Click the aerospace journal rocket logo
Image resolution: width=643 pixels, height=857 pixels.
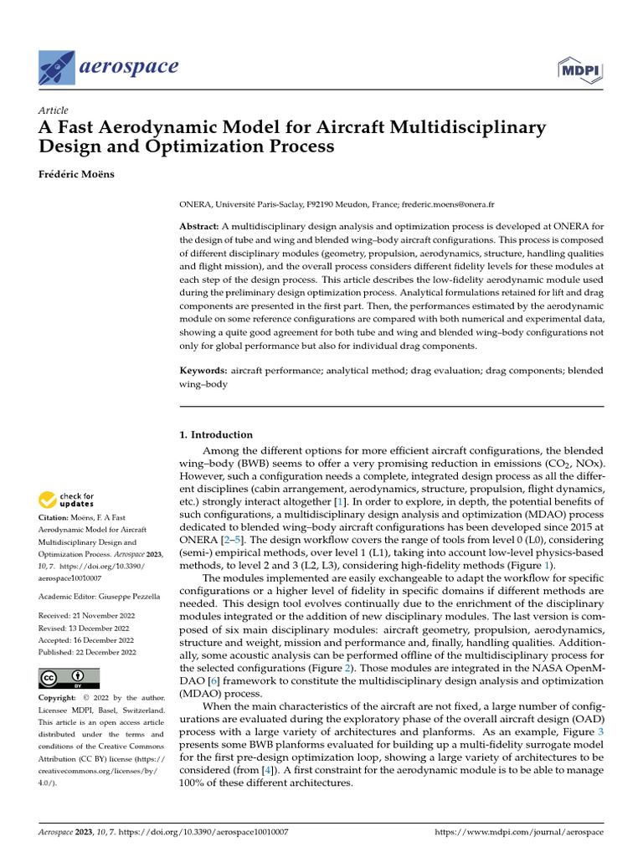[x=57, y=67]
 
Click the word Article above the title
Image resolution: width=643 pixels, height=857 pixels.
[x=54, y=110]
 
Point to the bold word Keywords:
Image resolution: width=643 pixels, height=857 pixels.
[x=203, y=370]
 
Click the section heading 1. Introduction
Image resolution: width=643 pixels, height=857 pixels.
[x=216, y=435]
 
